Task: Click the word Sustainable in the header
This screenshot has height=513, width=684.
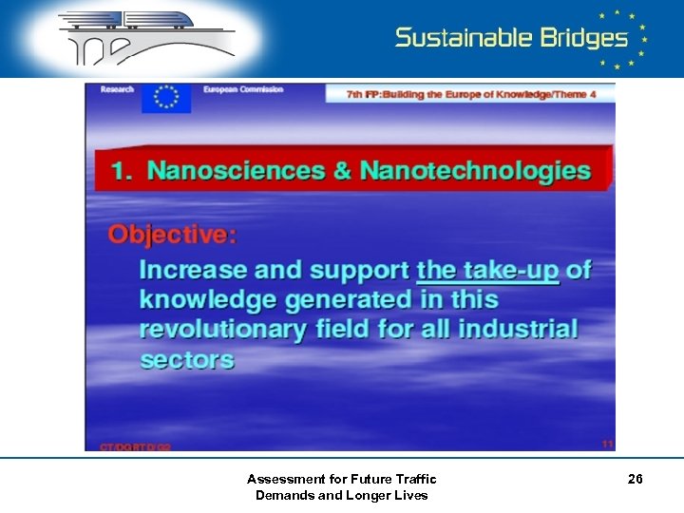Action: coord(463,38)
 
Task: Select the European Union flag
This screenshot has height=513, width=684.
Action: coord(166,98)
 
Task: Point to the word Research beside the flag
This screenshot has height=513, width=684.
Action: coord(117,89)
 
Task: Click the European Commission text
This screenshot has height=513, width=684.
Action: coord(243,89)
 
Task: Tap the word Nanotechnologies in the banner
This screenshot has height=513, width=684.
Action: coord(465,171)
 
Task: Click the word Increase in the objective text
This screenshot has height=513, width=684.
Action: coord(191,270)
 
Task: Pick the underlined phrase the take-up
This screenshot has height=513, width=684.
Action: coord(487,270)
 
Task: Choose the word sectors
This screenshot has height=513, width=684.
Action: coord(186,359)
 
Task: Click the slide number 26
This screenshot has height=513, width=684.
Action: coord(636,480)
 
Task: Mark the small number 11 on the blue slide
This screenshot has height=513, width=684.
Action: coord(606,443)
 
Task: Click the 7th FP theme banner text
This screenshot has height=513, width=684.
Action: coord(469,94)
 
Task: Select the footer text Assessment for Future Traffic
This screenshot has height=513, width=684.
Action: coord(342,479)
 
